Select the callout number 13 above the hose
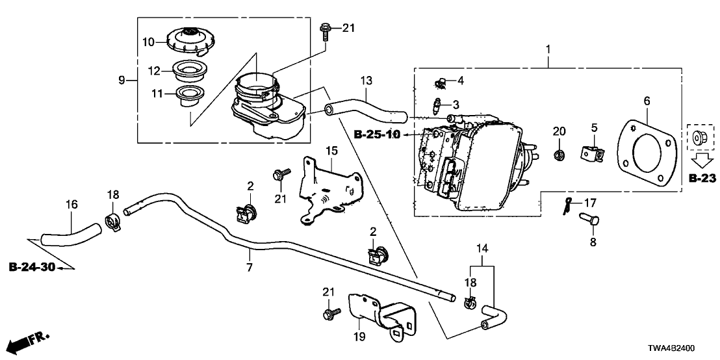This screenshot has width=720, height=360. click(366, 81)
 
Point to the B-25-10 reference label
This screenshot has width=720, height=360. click(378, 134)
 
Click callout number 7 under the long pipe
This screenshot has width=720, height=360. click(250, 267)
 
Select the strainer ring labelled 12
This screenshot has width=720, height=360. click(192, 70)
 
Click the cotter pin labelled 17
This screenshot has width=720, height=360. click(567, 206)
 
